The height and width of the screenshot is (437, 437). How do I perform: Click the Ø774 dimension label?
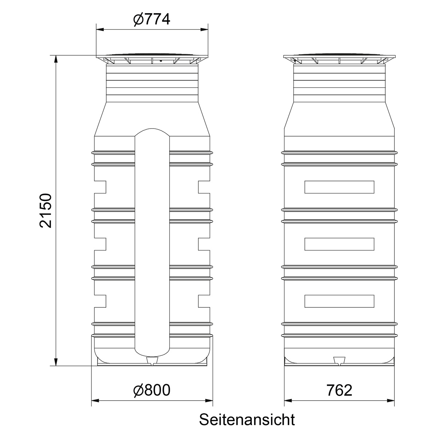click(151, 19)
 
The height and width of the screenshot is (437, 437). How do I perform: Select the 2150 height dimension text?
click(46, 211)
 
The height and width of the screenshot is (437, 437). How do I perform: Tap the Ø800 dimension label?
click(151, 390)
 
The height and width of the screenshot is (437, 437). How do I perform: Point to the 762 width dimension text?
click(339, 390)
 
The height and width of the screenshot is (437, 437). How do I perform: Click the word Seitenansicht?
click(247, 420)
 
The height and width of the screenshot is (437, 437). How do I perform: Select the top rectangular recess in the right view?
click(339, 187)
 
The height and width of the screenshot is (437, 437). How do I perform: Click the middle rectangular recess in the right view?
click(339, 244)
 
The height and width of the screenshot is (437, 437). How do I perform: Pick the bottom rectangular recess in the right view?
click(339, 301)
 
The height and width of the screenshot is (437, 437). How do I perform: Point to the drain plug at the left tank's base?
click(152, 361)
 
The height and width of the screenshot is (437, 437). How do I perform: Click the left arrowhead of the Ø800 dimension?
click(95, 401)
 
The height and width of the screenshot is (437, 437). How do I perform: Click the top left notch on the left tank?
click(101, 187)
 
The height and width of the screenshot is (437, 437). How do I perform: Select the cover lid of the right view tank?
click(339, 58)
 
